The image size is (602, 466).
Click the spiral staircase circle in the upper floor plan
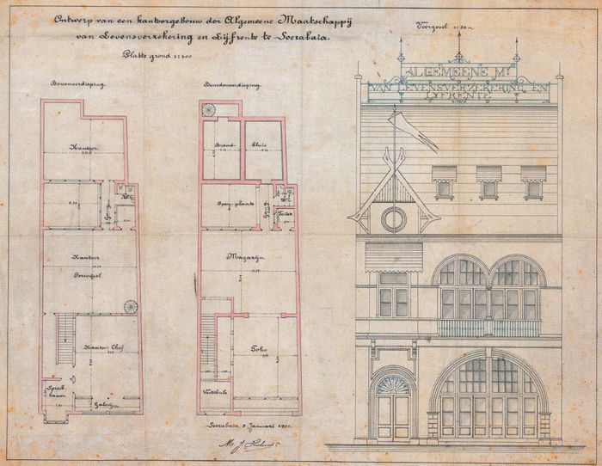pyautogui.click(x=131, y=307)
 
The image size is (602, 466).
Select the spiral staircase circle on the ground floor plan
pyautogui.click(x=209, y=110)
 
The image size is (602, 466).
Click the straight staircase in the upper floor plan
pyautogui.click(x=64, y=340)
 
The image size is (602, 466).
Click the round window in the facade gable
pyautogui.click(x=394, y=219)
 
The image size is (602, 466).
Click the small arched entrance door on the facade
pyautogui.click(x=394, y=407)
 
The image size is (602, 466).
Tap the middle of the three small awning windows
pyautogui.click(x=488, y=181)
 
